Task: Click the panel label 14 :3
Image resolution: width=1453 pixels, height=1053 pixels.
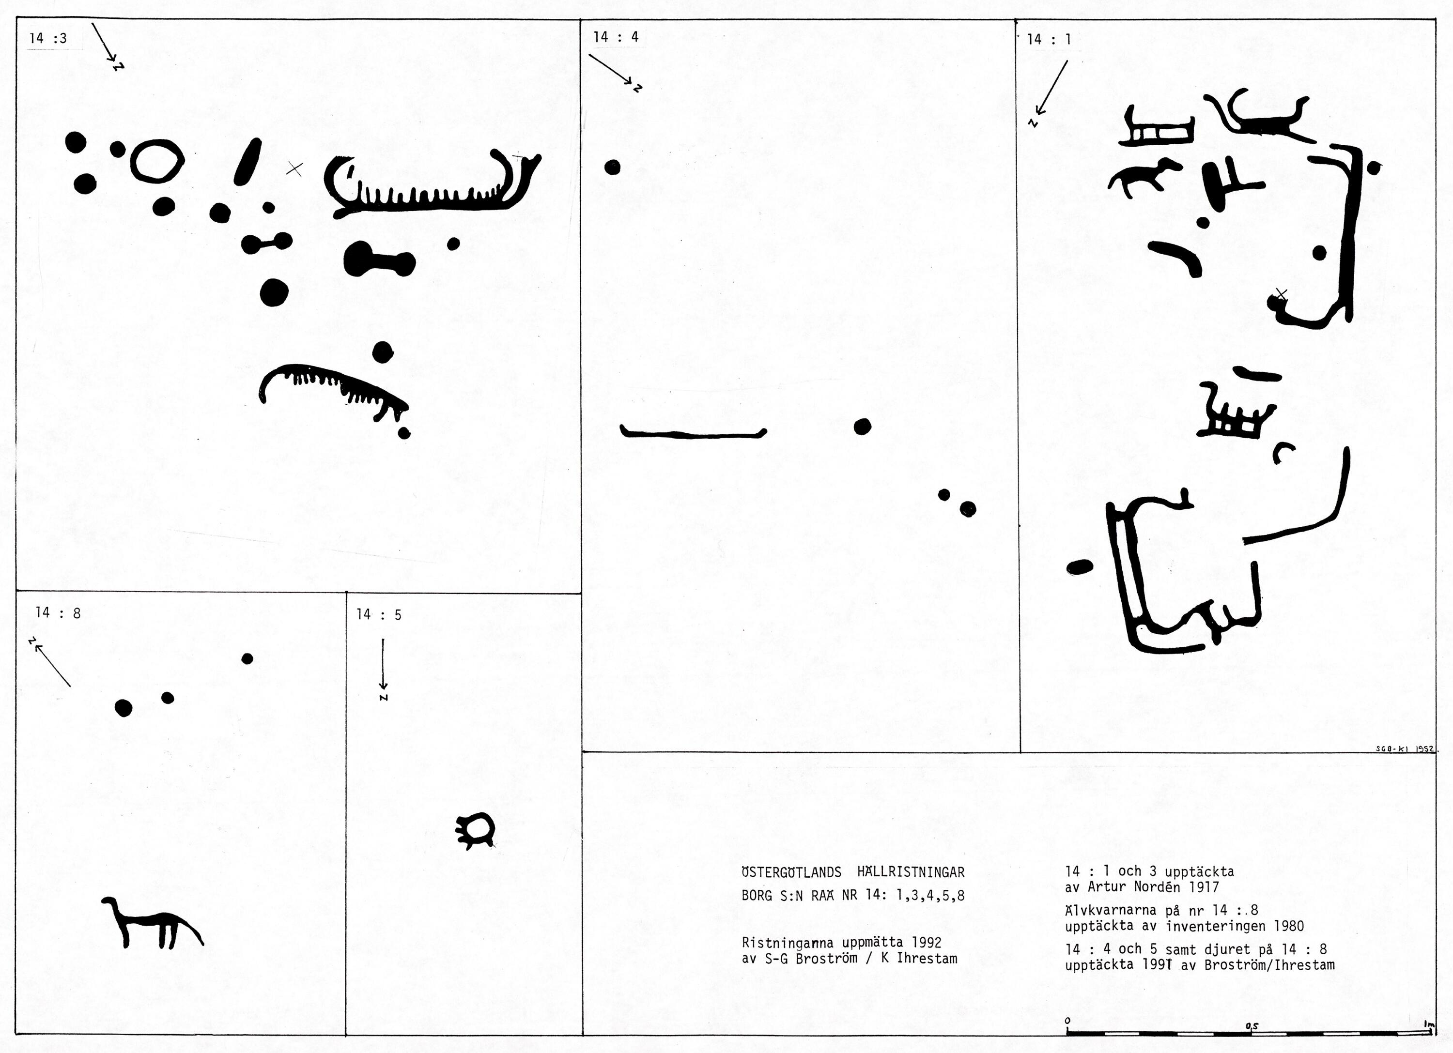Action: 48,38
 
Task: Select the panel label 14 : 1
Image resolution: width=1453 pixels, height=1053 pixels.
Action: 1049,39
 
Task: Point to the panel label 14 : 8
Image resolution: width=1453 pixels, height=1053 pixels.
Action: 58,612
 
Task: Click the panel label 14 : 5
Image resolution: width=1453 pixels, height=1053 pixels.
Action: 379,614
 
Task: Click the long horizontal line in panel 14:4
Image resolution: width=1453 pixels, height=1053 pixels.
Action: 693,434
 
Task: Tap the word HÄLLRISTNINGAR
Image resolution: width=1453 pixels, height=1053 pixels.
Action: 911,872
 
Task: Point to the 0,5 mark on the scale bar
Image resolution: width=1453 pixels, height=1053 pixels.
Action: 1251,1025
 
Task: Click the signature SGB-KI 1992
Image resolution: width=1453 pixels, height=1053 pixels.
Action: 1403,748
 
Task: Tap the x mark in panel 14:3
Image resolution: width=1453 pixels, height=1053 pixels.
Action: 294,169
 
